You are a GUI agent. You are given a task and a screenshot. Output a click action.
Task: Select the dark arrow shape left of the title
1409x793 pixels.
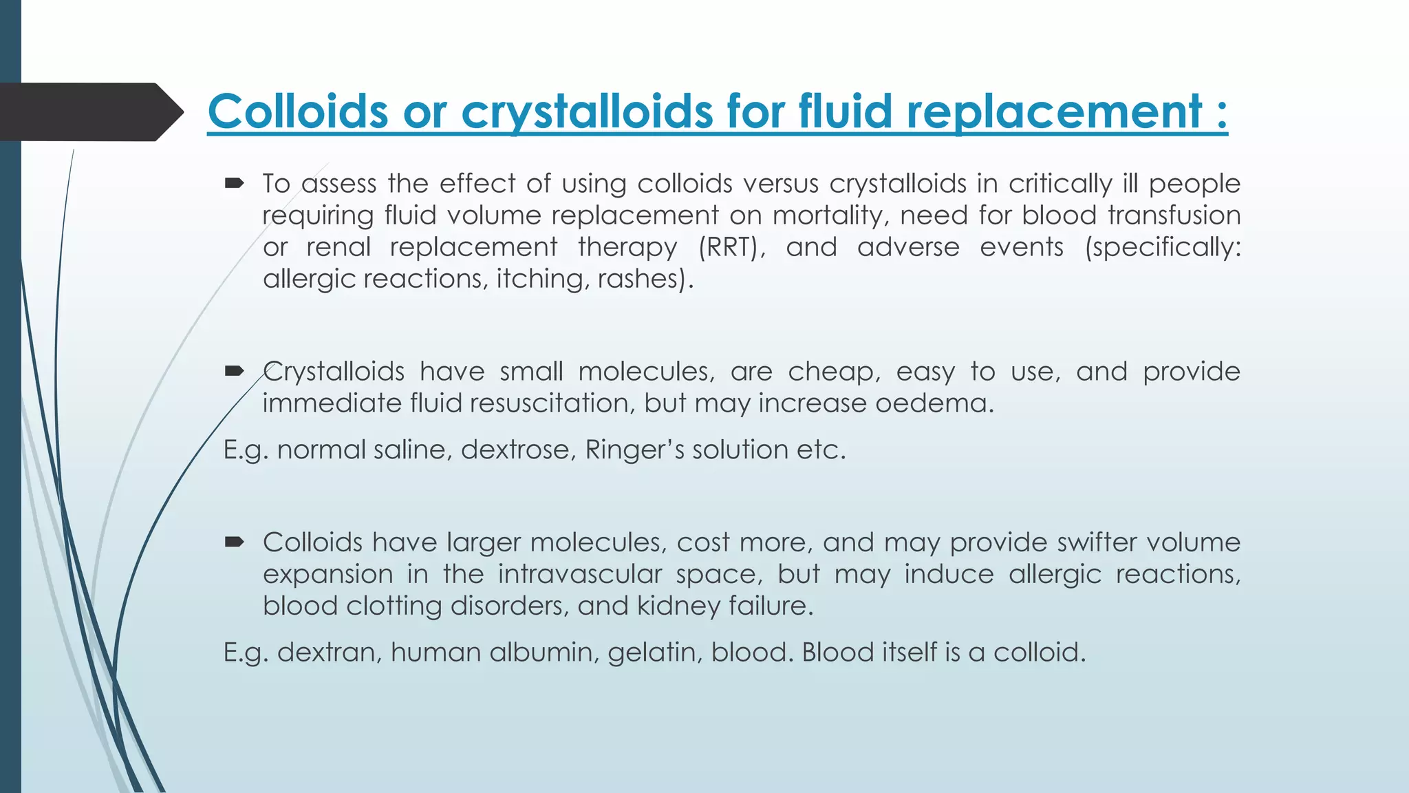pyautogui.click(x=89, y=112)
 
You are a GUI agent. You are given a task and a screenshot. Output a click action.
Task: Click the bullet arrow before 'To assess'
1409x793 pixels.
pyautogui.click(x=235, y=183)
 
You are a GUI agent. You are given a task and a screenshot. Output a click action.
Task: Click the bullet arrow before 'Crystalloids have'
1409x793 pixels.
pyautogui.click(x=235, y=371)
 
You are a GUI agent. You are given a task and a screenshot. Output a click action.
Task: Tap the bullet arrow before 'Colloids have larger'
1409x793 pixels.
pyautogui.click(x=235, y=542)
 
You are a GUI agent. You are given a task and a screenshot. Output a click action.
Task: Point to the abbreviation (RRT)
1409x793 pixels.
pyautogui.click(x=731, y=247)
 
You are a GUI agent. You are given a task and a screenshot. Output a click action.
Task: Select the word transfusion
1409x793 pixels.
pyautogui.click(x=1174, y=215)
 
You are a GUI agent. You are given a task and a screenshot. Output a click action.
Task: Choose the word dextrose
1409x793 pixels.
pyautogui.click(x=518, y=450)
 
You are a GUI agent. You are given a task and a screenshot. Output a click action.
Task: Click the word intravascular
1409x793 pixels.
pyautogui.click(x=579, y=574)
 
